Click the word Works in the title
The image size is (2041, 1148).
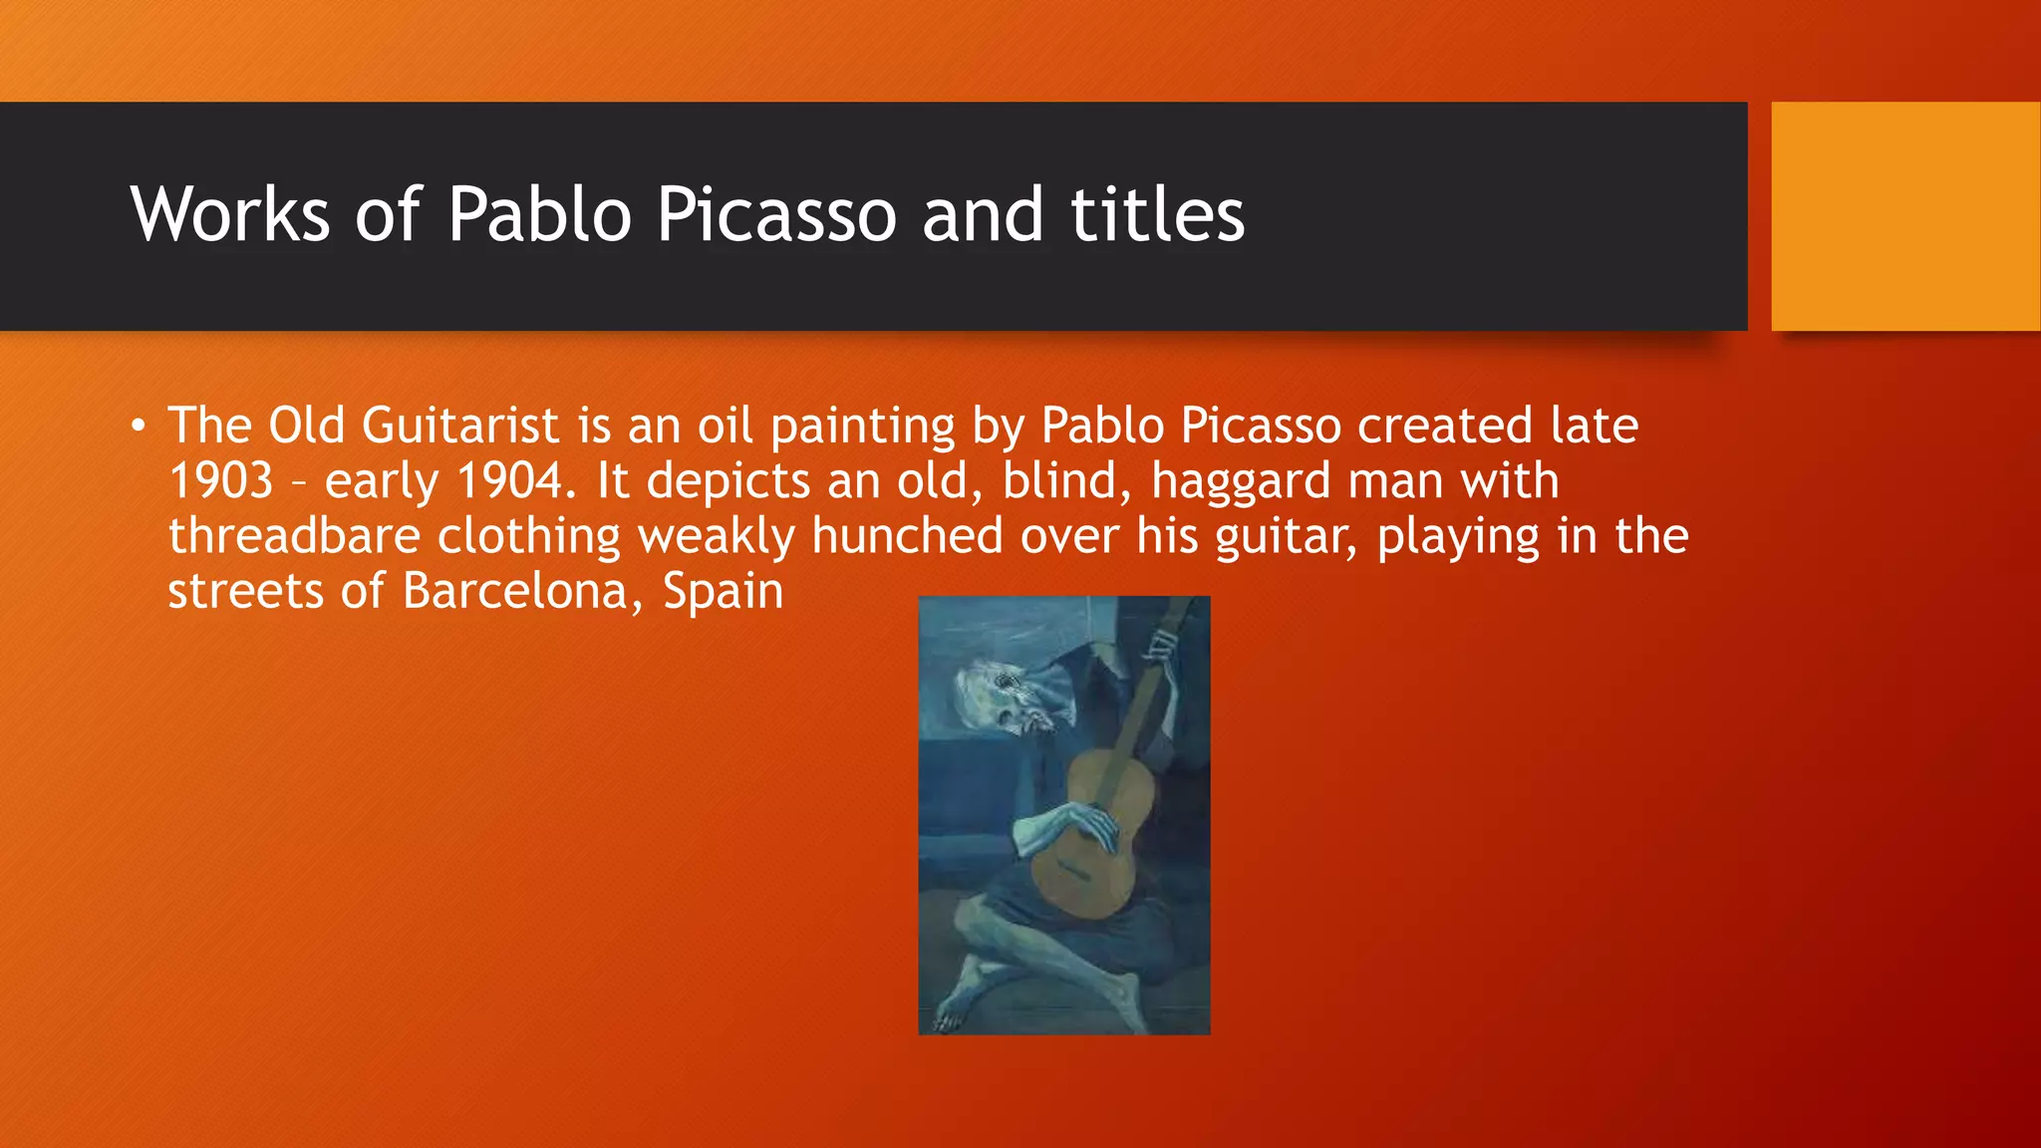229,215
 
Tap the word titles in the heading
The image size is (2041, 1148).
1157,215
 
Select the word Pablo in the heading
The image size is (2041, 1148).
539,215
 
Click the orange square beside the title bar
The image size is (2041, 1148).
1904,216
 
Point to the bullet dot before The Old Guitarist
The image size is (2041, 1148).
138,428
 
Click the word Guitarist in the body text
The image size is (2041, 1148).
460,427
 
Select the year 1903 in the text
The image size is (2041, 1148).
220,481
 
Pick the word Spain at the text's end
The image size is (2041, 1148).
723,592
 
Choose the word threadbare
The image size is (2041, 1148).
294,537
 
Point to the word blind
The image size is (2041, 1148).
1066,481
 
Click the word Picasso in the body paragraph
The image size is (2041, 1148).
1261,427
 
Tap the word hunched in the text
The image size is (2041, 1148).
907,537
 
